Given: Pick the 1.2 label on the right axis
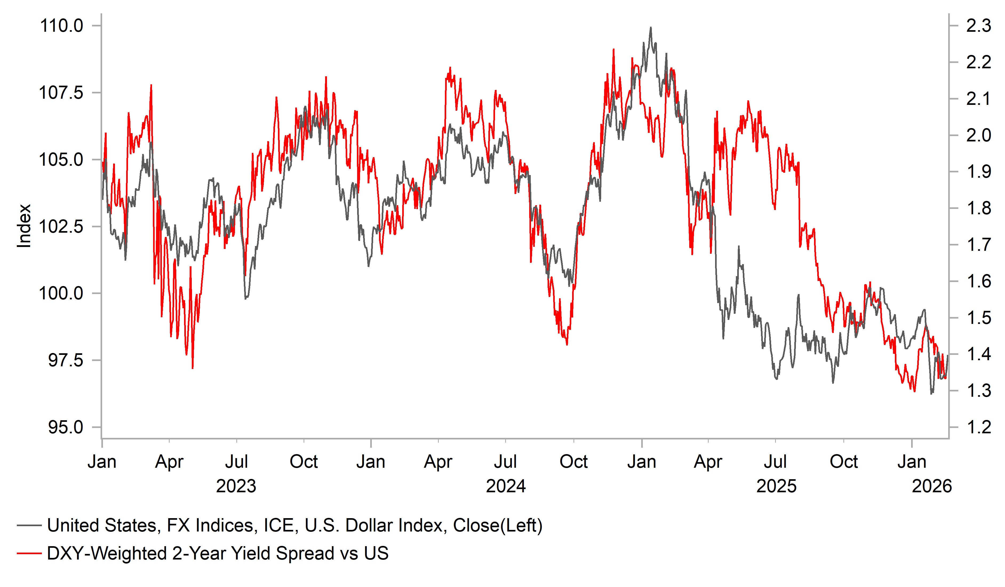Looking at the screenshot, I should coord(978,427).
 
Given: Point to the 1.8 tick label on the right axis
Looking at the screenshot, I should coord(978,208).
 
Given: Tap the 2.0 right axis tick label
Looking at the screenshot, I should coord(978,136).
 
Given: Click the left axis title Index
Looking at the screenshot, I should coord(24,226).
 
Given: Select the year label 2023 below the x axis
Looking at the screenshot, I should coord(236,486).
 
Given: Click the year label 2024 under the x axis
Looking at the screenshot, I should coord(506,486).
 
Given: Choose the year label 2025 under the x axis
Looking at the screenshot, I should coord(776,486).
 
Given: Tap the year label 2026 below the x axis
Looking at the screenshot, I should coord(932,486).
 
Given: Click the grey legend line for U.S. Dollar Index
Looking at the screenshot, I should coord(29,526).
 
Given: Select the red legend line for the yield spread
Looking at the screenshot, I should coord(29,553).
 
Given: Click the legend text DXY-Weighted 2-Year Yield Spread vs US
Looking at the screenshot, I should coord(218,553).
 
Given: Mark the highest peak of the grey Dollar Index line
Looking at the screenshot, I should coord(651,27).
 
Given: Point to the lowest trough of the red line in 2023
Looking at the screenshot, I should coord(193,368).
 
